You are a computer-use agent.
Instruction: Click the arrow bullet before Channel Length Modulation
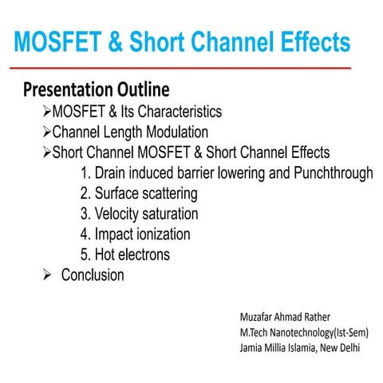[x=47, y=132]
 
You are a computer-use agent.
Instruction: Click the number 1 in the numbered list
[x=85, y=173]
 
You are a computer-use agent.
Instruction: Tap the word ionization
[x=160, y=235]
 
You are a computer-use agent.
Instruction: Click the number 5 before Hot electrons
[x=85, y=255]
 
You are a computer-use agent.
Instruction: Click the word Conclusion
[x=93, y=275]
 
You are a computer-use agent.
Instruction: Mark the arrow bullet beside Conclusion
[x=47, y=275]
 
